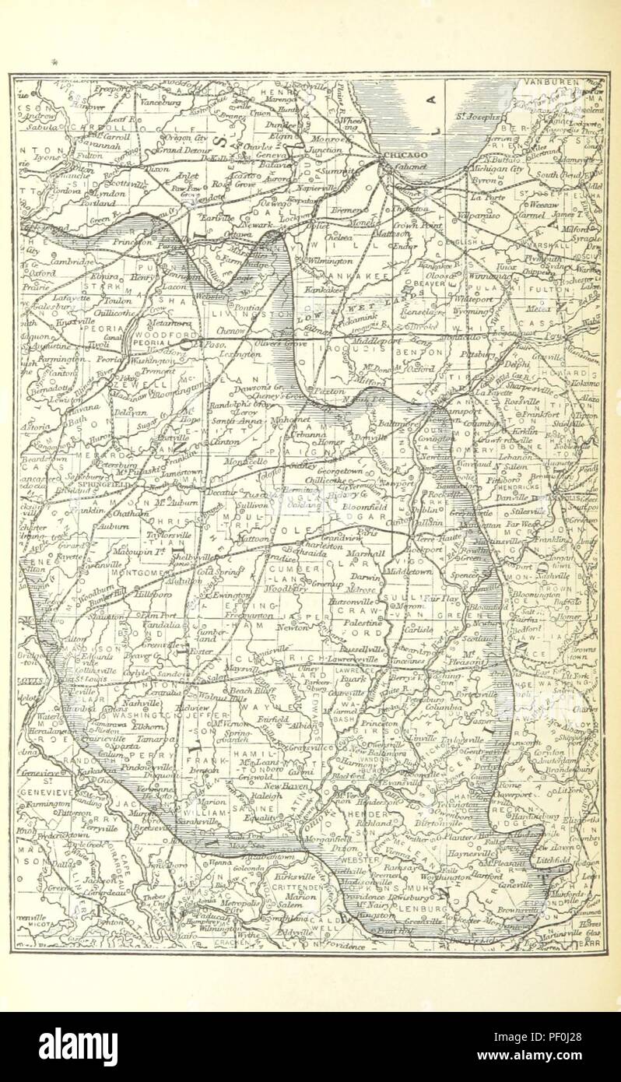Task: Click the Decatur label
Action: click(218, 493)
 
